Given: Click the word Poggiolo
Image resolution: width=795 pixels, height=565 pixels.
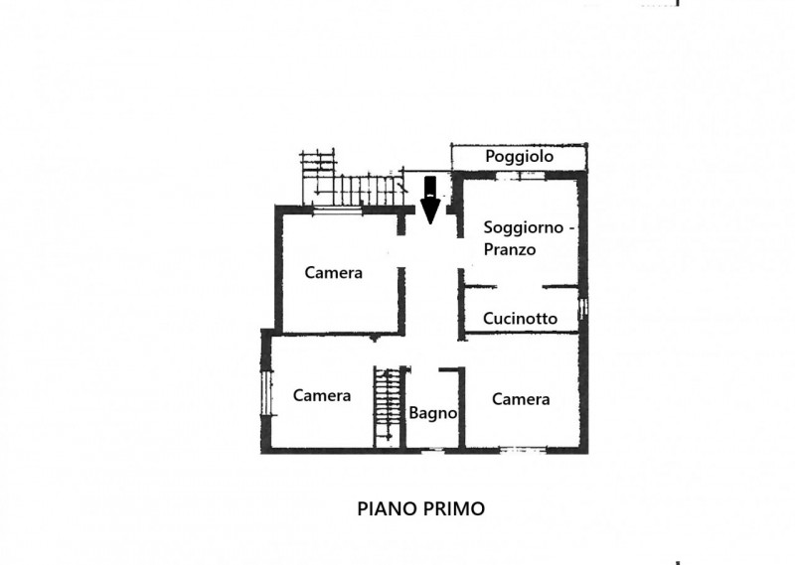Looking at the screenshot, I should [x=519, y=157].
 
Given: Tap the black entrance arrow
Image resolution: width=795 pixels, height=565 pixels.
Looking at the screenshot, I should [x=430, y=200].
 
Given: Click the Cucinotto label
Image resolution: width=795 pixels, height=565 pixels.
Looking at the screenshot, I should [x=520, y=319].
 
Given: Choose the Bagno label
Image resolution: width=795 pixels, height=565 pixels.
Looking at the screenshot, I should [x=432, y=413].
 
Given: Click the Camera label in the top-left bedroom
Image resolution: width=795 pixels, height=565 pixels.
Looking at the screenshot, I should [x=334, y=273].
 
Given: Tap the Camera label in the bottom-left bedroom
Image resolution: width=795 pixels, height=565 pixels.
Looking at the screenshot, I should [x=322, y=395].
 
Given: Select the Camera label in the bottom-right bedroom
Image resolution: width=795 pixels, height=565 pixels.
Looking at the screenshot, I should [x=521, y=399].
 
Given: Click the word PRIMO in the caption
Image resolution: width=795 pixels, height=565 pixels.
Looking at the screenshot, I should [x=454, y=508].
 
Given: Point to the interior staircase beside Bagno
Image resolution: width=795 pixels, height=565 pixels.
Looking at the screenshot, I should [x=387, y=406].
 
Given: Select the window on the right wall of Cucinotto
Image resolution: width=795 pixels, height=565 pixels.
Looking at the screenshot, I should [x=584, y=310].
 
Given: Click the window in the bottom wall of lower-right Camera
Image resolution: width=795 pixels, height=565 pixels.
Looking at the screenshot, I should [x=522, y=451].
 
